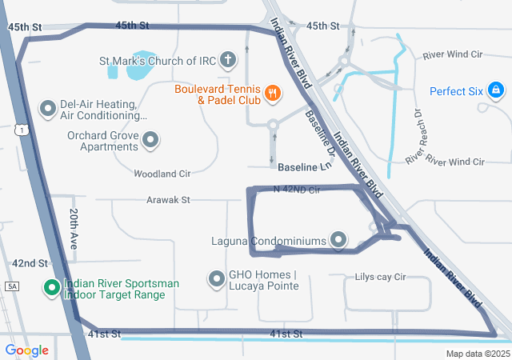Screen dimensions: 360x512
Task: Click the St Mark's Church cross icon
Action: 228,60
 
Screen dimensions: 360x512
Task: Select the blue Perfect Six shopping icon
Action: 495,90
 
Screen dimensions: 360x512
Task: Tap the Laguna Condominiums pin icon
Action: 338,240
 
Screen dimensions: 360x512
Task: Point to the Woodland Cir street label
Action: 162,173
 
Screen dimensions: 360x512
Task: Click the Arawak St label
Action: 168,199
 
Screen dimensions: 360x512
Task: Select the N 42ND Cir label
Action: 296,190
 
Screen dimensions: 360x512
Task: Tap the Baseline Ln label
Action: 304,166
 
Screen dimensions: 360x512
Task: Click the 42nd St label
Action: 30,263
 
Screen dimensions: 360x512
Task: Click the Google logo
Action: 26,350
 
